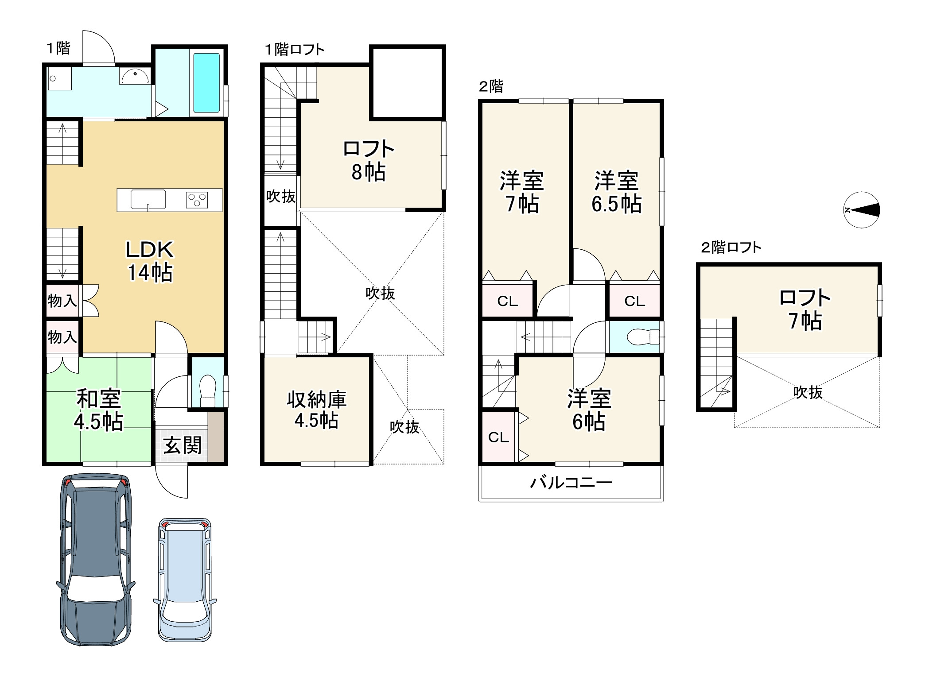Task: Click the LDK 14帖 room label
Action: pyautogui.click(x=150, y=261)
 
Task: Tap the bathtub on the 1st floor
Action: pyautogui.click(x=206, y=83)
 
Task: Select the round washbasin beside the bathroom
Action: pyautogui.click(x=135, y=76)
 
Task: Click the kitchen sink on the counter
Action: pyautogui.click(x=148, y=199)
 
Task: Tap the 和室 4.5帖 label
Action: pyautogui.click(x=98, y=410)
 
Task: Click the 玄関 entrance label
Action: pyautogui.click(x=183, y=445)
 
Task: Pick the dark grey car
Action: pyautogui.click(x=96, y=560)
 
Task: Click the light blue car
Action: pyautogui.click(x=185, y=579)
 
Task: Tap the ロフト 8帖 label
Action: pyautogui.click(x=369, y=160)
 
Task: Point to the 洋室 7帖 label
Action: pyautogui.click(x=522, y=193)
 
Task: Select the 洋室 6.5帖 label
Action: pyautogui.click(x=617, y=193)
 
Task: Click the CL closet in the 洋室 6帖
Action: pyautogui.click(x=498, y=437)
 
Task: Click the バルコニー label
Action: pyautogui.click(x=571, y=482)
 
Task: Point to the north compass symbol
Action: pyautogui.click(x=862, y=210)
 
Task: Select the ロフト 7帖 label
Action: pyautogui.click(x=805, y=310)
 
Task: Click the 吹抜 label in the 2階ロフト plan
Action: pyautogui.click(x=808, y=392)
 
